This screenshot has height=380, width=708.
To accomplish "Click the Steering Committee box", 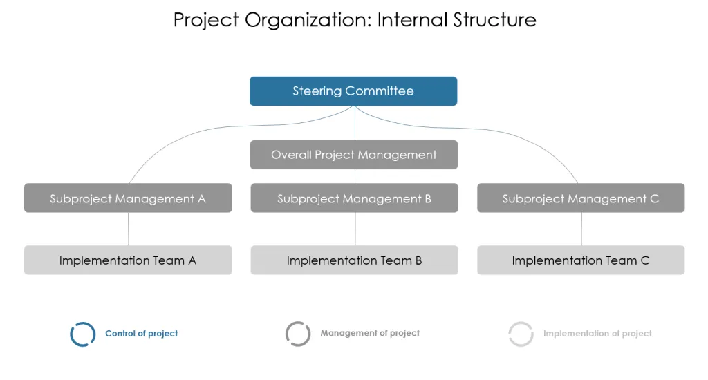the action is [353, 91].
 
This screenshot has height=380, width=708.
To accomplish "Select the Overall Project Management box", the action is [354, 155].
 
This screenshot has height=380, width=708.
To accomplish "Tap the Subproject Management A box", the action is [128, 198].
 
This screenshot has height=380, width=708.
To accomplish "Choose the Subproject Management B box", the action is [355, 198].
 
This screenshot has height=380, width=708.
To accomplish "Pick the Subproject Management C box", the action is [581, 198].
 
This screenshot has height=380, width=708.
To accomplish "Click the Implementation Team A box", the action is [128, 260].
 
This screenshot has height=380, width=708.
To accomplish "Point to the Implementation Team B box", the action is [355, 260].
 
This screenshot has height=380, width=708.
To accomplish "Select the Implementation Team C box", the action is [581, 260].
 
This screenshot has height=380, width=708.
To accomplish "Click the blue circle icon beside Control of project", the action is [71, 334].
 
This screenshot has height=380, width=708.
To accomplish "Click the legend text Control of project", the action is [141, 334].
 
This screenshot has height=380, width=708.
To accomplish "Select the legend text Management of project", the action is [370, 333].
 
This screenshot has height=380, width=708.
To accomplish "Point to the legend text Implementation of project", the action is [597, 334].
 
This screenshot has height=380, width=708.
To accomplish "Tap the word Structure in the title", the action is [494, 20].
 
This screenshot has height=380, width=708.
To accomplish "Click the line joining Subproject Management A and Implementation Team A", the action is [128, 229].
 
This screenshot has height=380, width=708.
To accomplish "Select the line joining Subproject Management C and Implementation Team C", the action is [581, 229].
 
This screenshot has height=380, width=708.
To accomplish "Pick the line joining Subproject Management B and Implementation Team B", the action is [355, 229].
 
